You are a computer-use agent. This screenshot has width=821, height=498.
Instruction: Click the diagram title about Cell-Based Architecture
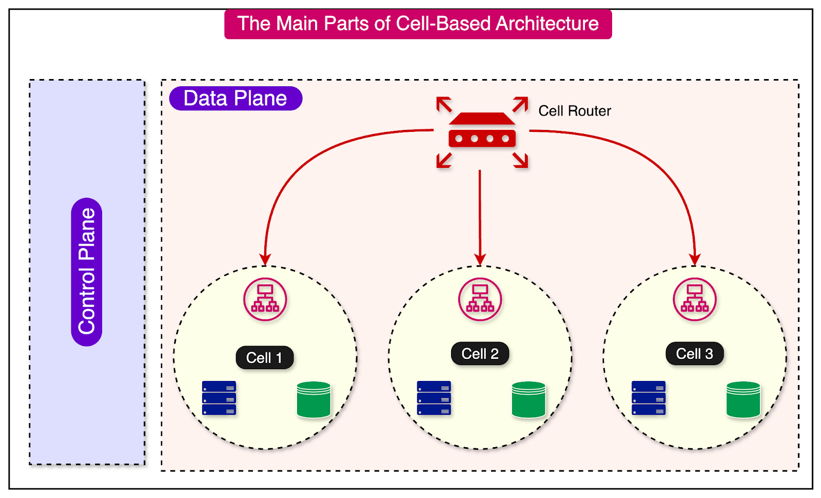click(418, 24)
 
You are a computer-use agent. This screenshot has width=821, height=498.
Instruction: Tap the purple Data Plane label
click(236, 99)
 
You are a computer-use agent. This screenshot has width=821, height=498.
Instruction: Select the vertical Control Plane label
click(87, 272)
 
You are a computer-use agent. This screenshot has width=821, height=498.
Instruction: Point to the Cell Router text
click(574, 111)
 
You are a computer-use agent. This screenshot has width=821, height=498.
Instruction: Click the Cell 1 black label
click(264, 358)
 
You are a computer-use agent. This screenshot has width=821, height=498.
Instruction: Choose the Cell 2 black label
click(480, 354)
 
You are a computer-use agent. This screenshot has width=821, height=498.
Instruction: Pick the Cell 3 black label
click(694, 354)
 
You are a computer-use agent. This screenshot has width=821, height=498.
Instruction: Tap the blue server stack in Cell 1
click(219, 398)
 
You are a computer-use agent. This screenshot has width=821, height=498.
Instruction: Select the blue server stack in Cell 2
click(434, 398)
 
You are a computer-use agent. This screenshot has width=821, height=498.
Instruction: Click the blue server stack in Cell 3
click(649, 398)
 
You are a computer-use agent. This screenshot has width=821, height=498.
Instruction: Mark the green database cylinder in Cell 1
click(314, 399)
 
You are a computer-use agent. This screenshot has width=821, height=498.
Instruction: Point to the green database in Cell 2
click(529, 399)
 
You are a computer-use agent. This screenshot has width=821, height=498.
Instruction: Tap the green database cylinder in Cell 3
click(743, 399)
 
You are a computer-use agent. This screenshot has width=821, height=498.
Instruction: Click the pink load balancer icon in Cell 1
click(265, 299)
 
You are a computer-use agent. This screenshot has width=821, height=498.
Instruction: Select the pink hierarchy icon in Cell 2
click(480, 299)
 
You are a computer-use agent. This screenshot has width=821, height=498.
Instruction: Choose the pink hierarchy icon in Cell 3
click(694, 299)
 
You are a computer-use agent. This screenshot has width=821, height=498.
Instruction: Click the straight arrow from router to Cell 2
click(480, 216)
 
